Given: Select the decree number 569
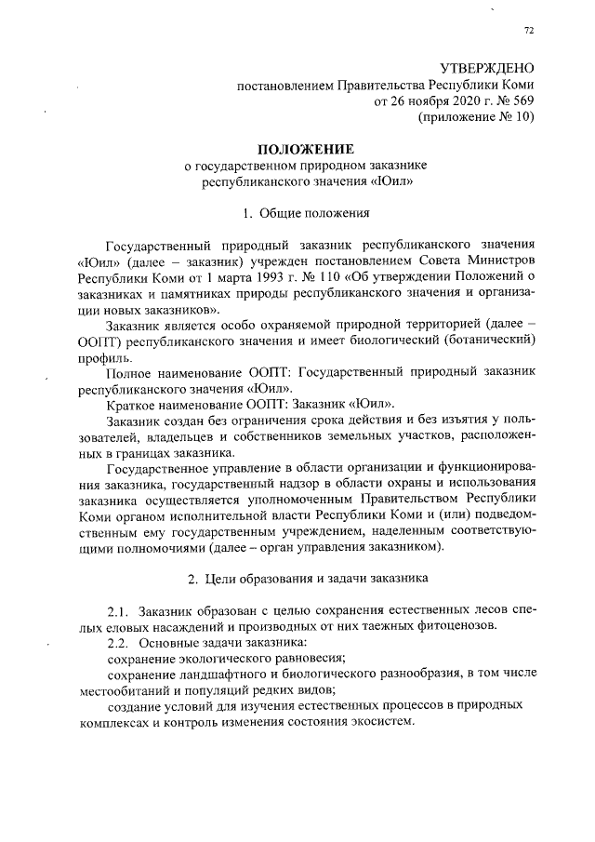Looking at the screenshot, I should pos(525,100).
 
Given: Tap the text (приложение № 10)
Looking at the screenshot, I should pos(478,117).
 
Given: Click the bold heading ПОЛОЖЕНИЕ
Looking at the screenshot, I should pos(306,149).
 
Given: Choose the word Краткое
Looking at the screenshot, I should pos(134,405).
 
